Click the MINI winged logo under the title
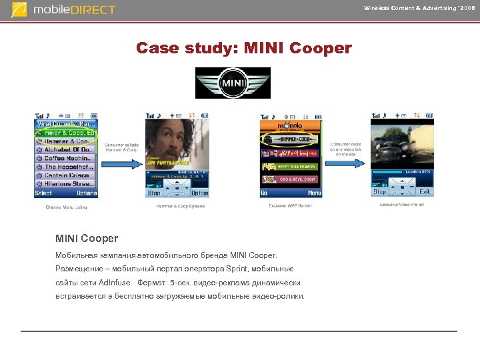click(233, 83)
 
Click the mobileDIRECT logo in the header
click(64, 10)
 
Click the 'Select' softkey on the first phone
click(43, 193)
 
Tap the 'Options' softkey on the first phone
click(87, 193)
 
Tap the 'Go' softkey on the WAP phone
click(265, 193)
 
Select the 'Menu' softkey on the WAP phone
click(314, 193)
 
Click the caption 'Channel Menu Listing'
click(66, 207)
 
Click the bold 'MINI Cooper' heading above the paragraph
click(87, 238)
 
